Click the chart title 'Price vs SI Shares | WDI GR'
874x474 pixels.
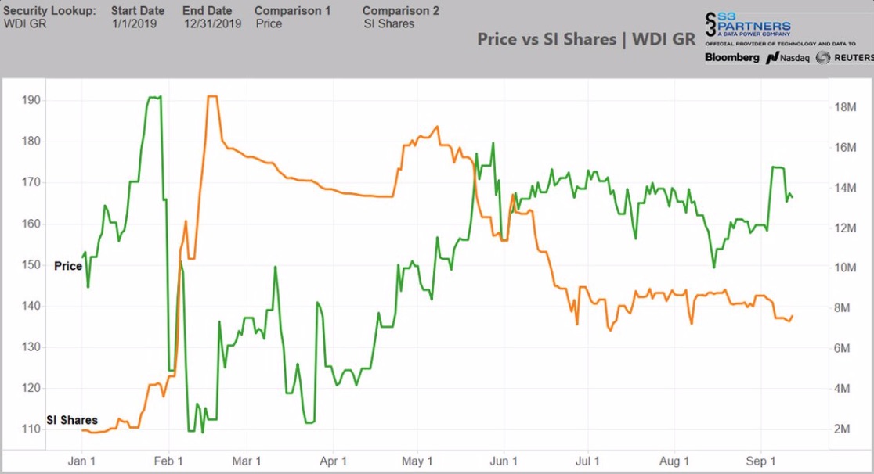click(586, 39)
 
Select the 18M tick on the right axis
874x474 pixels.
click(846, 108)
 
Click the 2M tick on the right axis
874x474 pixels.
click(843, 429)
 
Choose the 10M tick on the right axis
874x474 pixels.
click(846, 268)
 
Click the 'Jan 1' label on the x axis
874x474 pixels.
click(82, 461)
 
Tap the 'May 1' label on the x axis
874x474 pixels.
click(417, 461)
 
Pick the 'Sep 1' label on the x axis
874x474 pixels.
click(757, 461)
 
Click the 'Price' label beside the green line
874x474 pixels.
click(68, 266)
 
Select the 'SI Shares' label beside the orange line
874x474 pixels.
click(72, 420)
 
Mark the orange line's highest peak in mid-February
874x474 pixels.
click(211, 96)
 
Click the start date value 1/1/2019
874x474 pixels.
click(134, 23)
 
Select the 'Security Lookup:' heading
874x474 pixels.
click(50, 11)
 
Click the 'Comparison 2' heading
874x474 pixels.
click(401, 11)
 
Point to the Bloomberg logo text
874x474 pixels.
click(731, 58)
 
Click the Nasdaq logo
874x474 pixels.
click(787, 58)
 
